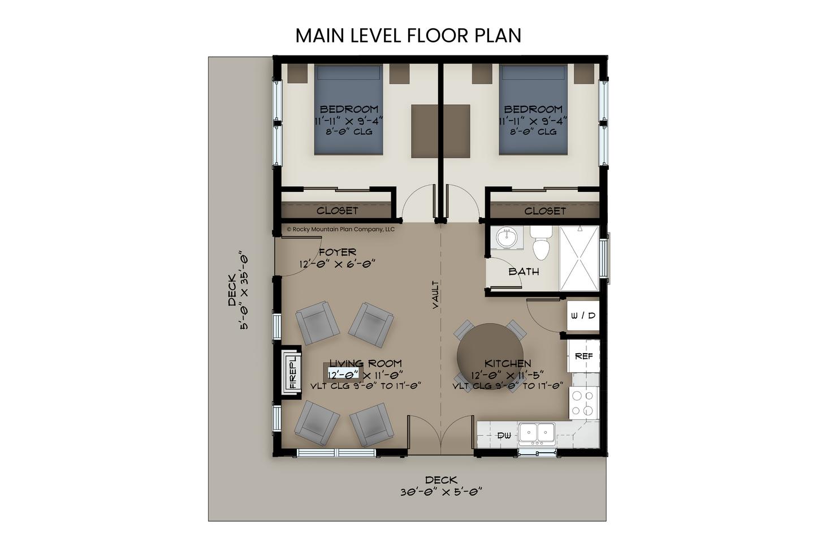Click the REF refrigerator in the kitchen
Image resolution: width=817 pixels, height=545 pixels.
[x=583, y=356]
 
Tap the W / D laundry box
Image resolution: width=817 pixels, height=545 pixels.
[x=583, y=316]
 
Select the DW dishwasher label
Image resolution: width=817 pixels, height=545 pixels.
[x=504, y=435]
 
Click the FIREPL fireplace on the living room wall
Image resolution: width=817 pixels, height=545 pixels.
[x=292, y=372]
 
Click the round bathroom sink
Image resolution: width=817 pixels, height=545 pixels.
[x=506, y=238]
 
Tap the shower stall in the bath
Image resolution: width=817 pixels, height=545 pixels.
[x=579, y=259]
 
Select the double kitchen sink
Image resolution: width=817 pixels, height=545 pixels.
[x=537, y=434]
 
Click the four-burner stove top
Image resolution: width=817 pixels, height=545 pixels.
[x=583, y=403]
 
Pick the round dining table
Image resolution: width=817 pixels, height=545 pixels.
[x=490, y=357]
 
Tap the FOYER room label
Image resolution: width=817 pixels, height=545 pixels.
[x=338, y=252]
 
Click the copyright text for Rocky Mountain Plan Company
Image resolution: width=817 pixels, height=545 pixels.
[x=341, y=229]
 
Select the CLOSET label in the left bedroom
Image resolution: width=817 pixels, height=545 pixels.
[x=337, y=211]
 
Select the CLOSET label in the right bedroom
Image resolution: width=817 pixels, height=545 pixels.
[x=545, y=211]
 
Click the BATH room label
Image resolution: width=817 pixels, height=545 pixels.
[x=524, y=272]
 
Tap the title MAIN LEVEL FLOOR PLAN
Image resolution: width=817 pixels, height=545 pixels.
[x=408, y=36]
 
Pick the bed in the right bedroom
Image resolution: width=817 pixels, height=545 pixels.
[x=533, y=110]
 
